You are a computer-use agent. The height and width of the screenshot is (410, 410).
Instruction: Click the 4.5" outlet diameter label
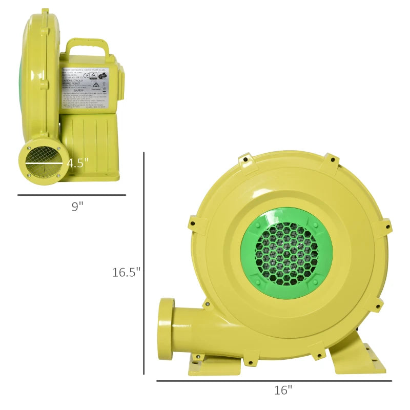pyautogui.click(x=78, y=163)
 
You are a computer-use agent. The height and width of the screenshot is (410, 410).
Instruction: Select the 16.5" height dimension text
pyautogui.click(x=126, y=272)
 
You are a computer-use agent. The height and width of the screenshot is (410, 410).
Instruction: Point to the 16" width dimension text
pyautogui.click(x=282, y=390)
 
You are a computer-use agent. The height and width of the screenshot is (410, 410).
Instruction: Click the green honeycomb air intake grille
pyautogui.click(x=286, y=253)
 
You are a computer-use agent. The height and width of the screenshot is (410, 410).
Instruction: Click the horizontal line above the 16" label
pyautogui.click(x=274, y=381)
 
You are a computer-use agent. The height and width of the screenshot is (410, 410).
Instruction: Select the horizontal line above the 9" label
pyautogui.click(x=72, y=195)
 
